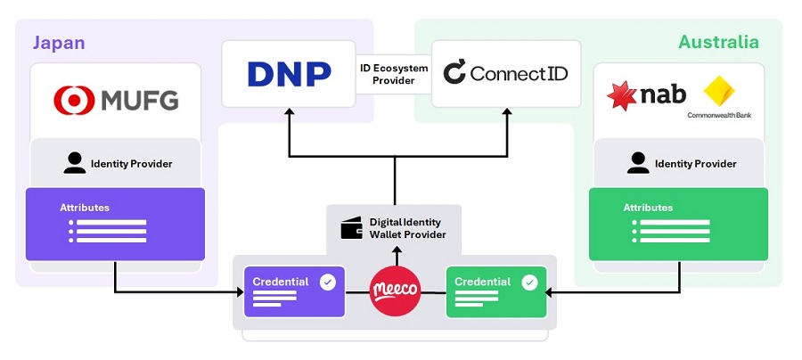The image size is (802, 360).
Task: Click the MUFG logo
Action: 116,98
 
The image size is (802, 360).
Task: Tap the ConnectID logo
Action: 505,73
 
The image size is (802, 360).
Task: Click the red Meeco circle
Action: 395,291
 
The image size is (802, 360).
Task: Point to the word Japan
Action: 59,42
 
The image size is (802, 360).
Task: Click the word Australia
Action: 718,42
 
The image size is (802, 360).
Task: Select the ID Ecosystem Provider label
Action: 393,75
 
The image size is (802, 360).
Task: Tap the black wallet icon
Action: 351,228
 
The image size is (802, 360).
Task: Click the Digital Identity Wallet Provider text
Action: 407,228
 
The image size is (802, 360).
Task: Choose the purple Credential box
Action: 293,291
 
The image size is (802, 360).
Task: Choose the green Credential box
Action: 495,291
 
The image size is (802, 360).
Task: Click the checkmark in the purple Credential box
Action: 328,282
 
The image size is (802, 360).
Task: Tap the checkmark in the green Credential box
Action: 529,282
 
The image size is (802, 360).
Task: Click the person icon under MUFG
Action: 75,163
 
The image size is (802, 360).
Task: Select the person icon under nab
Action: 638,163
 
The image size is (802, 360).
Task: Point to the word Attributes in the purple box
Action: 85,208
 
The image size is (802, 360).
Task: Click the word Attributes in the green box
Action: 648,208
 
